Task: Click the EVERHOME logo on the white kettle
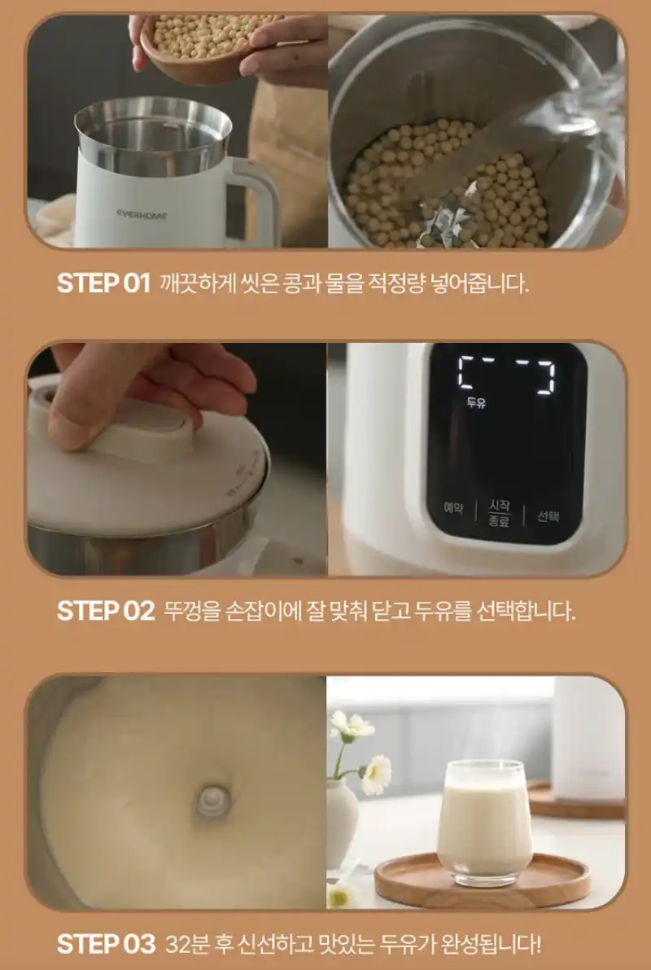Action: (x=142, y=215)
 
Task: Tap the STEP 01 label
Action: (x=104, y=283)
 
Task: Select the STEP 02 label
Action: (x=106, y=611)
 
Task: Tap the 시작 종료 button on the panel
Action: (x=499, y=513)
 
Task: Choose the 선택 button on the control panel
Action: (x=548, y=516)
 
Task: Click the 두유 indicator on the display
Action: (x=476, y=402)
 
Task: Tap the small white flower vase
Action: (x=342, y=823)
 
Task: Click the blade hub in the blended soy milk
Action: (x=212, y=801)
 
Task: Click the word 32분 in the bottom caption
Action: (x=186, y=945)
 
